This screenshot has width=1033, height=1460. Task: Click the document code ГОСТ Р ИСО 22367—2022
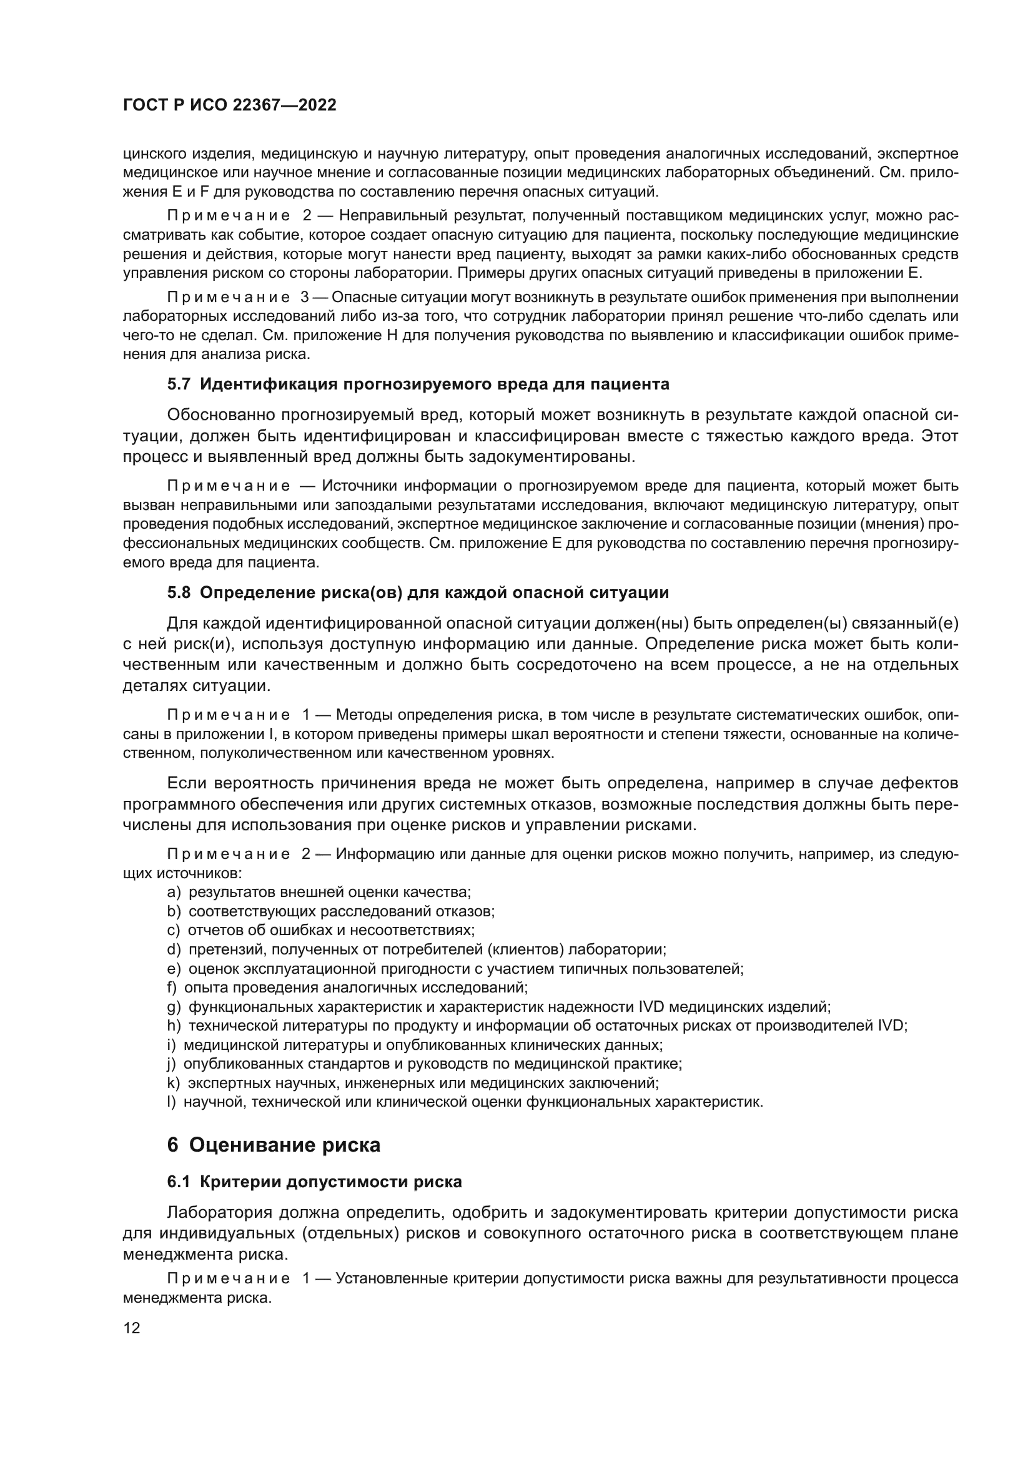click(229, 105)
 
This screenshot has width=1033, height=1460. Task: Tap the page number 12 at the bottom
click(132, 1327)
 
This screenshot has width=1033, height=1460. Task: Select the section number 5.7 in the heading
click(179, 384)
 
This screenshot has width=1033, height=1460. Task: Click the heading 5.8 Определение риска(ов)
click(418, 592)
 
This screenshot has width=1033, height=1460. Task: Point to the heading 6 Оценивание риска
click(274, 1145)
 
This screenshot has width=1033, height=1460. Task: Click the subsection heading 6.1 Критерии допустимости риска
click(314, 1182)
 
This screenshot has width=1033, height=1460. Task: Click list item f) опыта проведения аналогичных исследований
click(347, 987)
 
